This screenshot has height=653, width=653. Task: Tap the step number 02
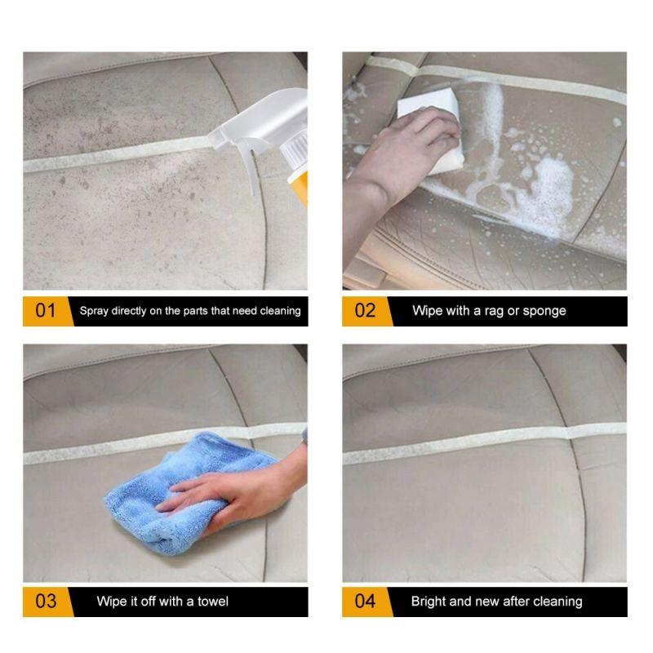pos(365,311)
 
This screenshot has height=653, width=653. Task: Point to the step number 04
pos(365,602)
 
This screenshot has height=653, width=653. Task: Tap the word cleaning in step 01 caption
pos(278,311)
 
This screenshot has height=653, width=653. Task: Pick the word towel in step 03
pos(211,602)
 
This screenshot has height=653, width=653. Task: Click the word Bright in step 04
pos(429,602)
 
